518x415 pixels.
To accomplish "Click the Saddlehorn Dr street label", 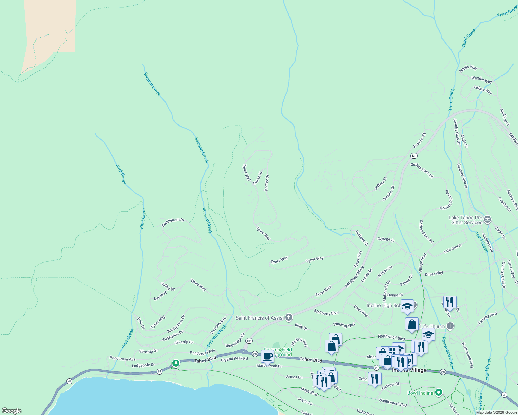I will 173,222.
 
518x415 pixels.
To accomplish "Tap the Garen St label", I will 258,178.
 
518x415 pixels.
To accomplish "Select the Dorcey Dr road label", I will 267,183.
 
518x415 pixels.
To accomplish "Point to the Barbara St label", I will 361,238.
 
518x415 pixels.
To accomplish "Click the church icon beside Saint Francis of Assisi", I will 289,318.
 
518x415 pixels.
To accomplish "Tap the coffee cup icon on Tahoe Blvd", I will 267,356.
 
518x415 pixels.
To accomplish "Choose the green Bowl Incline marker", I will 439,392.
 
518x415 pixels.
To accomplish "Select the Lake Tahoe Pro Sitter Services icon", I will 488,220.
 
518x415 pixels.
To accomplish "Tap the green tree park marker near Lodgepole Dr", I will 176,363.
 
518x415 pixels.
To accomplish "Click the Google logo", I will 11,411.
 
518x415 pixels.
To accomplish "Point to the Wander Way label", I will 482,80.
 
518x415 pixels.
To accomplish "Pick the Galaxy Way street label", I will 483,90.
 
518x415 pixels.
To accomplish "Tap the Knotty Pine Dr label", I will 176,324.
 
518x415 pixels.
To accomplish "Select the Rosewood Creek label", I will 447,353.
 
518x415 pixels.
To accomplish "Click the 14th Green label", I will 452,249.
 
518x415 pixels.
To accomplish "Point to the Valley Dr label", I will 168,286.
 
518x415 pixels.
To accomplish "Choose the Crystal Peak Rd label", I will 234,359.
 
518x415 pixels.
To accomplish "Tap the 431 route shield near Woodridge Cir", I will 249,341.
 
